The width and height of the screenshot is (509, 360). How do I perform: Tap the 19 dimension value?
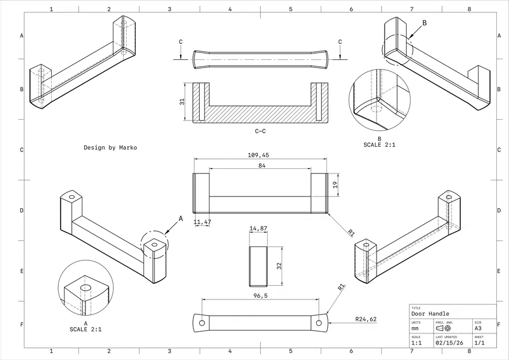click(335, 185)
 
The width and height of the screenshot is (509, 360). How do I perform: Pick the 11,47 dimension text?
click(202, 222)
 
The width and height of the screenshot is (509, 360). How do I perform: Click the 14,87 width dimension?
click(259, 229)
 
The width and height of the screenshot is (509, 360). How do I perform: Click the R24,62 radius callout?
click(366, 319)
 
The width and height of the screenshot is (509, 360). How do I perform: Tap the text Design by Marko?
click(110, 147)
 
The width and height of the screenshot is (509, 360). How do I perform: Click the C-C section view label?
click(260, 131)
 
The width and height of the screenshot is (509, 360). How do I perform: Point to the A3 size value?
click(478, 328)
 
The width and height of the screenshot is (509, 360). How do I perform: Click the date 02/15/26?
click(447, 342)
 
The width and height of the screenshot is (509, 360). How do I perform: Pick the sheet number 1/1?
click(479, 342)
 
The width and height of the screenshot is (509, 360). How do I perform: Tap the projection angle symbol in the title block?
click(444, 328)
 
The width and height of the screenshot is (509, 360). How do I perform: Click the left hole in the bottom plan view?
click(202, 323)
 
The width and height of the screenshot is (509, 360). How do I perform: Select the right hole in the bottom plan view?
click(318, 323)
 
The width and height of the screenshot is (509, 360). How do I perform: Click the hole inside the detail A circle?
click(86, 286)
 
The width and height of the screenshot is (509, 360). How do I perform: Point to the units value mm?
click(415, 328)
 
